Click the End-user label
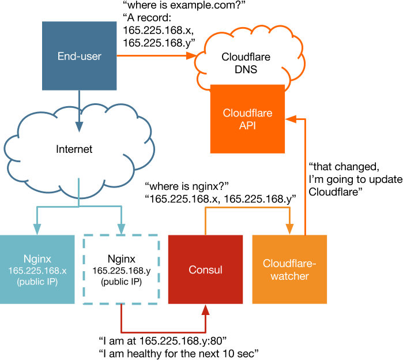tap(80, 56)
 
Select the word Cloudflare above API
tap(247, 113)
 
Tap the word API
tap(247, 125)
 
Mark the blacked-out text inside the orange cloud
tap(259, 62)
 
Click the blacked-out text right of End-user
tap(156, 36)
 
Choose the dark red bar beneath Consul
tap(202, 320)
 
